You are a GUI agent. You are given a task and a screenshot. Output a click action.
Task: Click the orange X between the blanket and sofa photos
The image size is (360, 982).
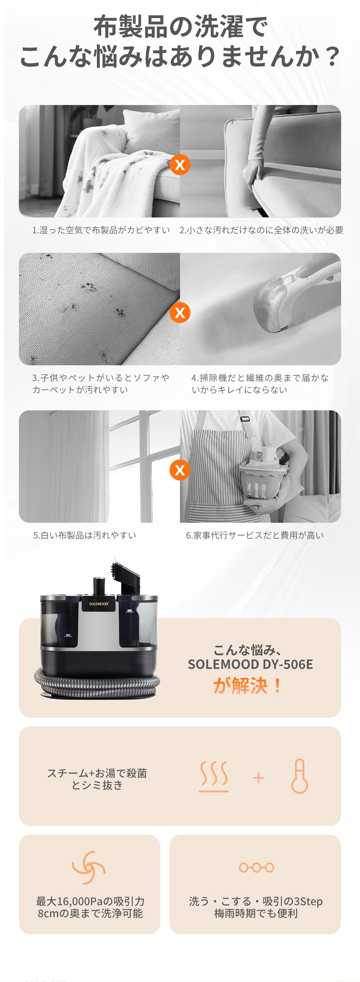180,165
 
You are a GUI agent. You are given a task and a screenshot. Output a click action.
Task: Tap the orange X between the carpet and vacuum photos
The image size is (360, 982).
180,313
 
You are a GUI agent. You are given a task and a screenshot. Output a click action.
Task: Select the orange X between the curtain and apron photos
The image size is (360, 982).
180,470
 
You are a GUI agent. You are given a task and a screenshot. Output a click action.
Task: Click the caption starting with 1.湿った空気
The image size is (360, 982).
101,230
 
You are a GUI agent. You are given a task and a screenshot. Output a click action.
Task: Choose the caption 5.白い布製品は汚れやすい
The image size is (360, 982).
85,535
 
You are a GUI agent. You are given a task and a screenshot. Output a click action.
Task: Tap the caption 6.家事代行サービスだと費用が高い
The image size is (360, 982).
255,535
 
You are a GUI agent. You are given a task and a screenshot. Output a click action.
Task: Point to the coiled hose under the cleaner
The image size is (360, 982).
97,684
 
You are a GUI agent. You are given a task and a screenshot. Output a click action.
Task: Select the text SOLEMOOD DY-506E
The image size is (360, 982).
250,664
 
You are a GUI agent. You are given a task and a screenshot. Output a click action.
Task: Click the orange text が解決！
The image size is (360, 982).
248,686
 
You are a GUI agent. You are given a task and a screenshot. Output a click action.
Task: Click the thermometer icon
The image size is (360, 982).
300,776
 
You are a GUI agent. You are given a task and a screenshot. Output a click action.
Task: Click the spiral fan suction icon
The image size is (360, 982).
89,867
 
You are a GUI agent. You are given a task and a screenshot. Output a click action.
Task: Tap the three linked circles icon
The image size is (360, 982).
256,868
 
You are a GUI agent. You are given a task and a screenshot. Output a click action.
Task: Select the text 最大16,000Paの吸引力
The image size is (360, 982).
90,901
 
